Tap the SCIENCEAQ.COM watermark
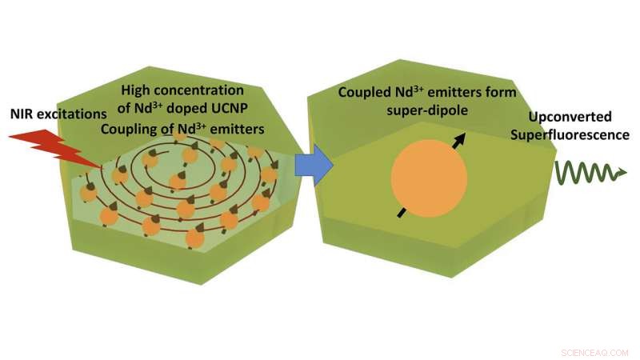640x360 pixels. (x=594, y=351)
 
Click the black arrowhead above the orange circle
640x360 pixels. (x=462, y=138)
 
